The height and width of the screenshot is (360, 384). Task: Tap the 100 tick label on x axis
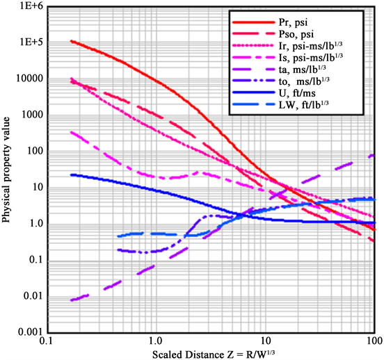[374, 343]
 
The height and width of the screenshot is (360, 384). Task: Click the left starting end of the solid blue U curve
[72, 174]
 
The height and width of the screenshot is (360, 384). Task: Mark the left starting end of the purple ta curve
[72, 300]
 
